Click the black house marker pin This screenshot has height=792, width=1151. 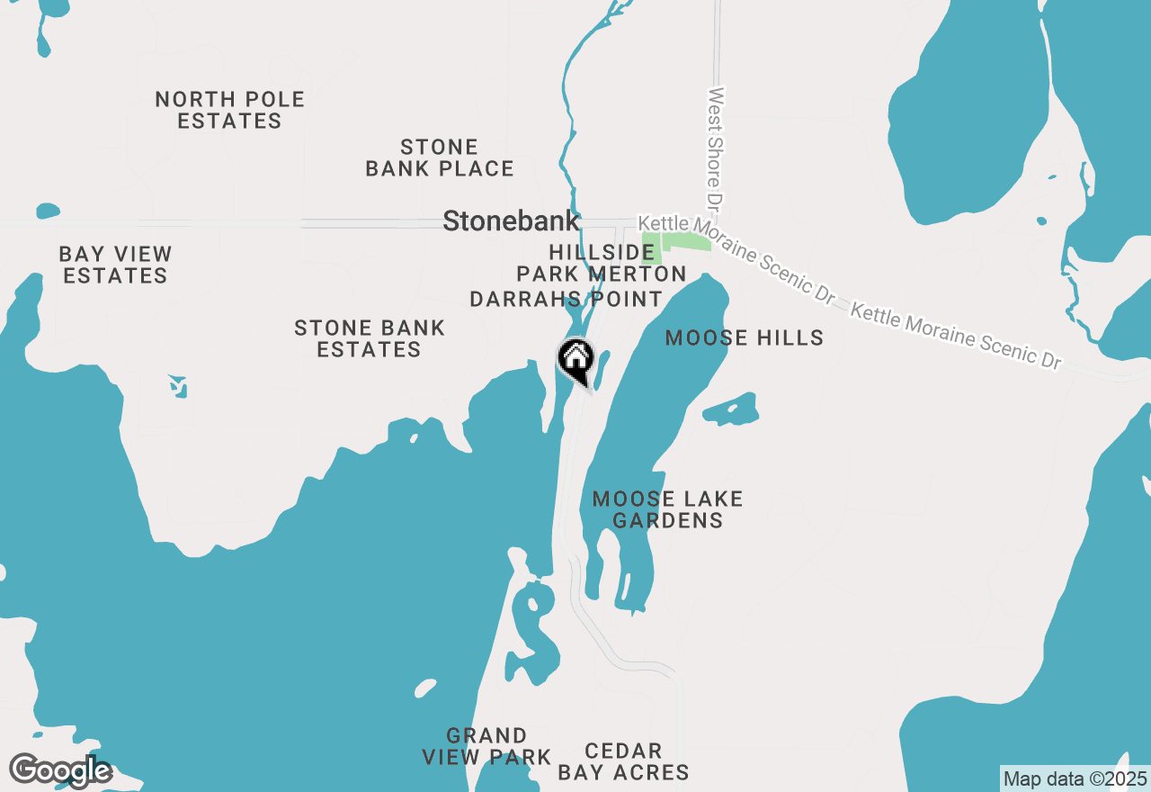point(575,360)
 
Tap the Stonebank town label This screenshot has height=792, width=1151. point(511,221)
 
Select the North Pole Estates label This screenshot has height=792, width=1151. point(230,110)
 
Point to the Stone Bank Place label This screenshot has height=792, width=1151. point(440,157)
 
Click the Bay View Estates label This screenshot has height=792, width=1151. point(115,265)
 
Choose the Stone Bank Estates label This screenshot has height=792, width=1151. point(370,338)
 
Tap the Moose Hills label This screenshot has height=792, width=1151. point(744,337)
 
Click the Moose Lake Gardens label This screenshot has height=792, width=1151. point(667,509)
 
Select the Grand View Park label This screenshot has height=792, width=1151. point(486,747)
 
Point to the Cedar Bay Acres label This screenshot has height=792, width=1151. point(623,761)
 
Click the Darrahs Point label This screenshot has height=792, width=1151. point(567,299)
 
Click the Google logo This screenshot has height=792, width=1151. point(59,770)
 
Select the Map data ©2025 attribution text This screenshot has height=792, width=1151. point(1075,778)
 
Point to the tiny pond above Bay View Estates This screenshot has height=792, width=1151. point(49,211)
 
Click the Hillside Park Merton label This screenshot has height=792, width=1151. point(602,263)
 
